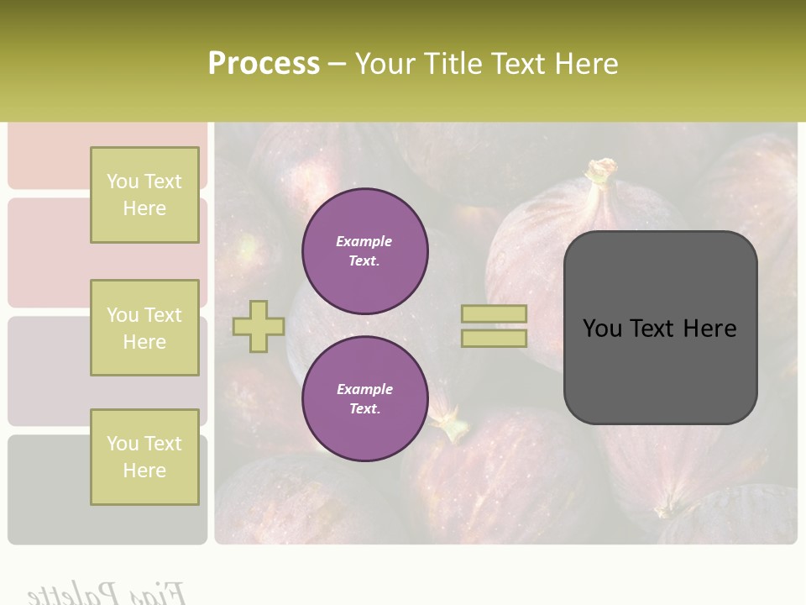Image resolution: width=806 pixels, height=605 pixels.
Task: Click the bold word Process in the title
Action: (264, 64)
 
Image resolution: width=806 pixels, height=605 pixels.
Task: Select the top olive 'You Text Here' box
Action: (144, 195)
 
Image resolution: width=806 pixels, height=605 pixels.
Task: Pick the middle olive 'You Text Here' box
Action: (144, 328)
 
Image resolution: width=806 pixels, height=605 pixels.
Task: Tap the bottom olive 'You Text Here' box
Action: (144, 457)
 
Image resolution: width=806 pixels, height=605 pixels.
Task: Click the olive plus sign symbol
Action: (259, 327)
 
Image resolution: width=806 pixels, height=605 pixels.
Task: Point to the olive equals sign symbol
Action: (494, 326)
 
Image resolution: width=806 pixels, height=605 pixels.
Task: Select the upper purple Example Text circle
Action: (364, 251)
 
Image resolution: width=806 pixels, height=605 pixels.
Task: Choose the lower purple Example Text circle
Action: (364, 399)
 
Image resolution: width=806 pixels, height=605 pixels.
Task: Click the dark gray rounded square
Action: (660, 328)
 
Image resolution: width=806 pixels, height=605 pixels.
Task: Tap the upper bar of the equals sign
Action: (494, 314)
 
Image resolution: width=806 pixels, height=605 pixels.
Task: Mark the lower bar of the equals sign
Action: (494, 339)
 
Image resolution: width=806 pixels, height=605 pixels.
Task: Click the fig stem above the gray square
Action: (601, 173)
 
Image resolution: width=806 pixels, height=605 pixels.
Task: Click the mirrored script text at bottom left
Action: (105, 592)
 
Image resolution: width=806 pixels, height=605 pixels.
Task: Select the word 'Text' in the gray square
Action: (659, 329)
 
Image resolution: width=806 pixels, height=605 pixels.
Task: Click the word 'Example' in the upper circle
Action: (364, 241)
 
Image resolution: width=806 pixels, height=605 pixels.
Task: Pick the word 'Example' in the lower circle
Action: (364, 389)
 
